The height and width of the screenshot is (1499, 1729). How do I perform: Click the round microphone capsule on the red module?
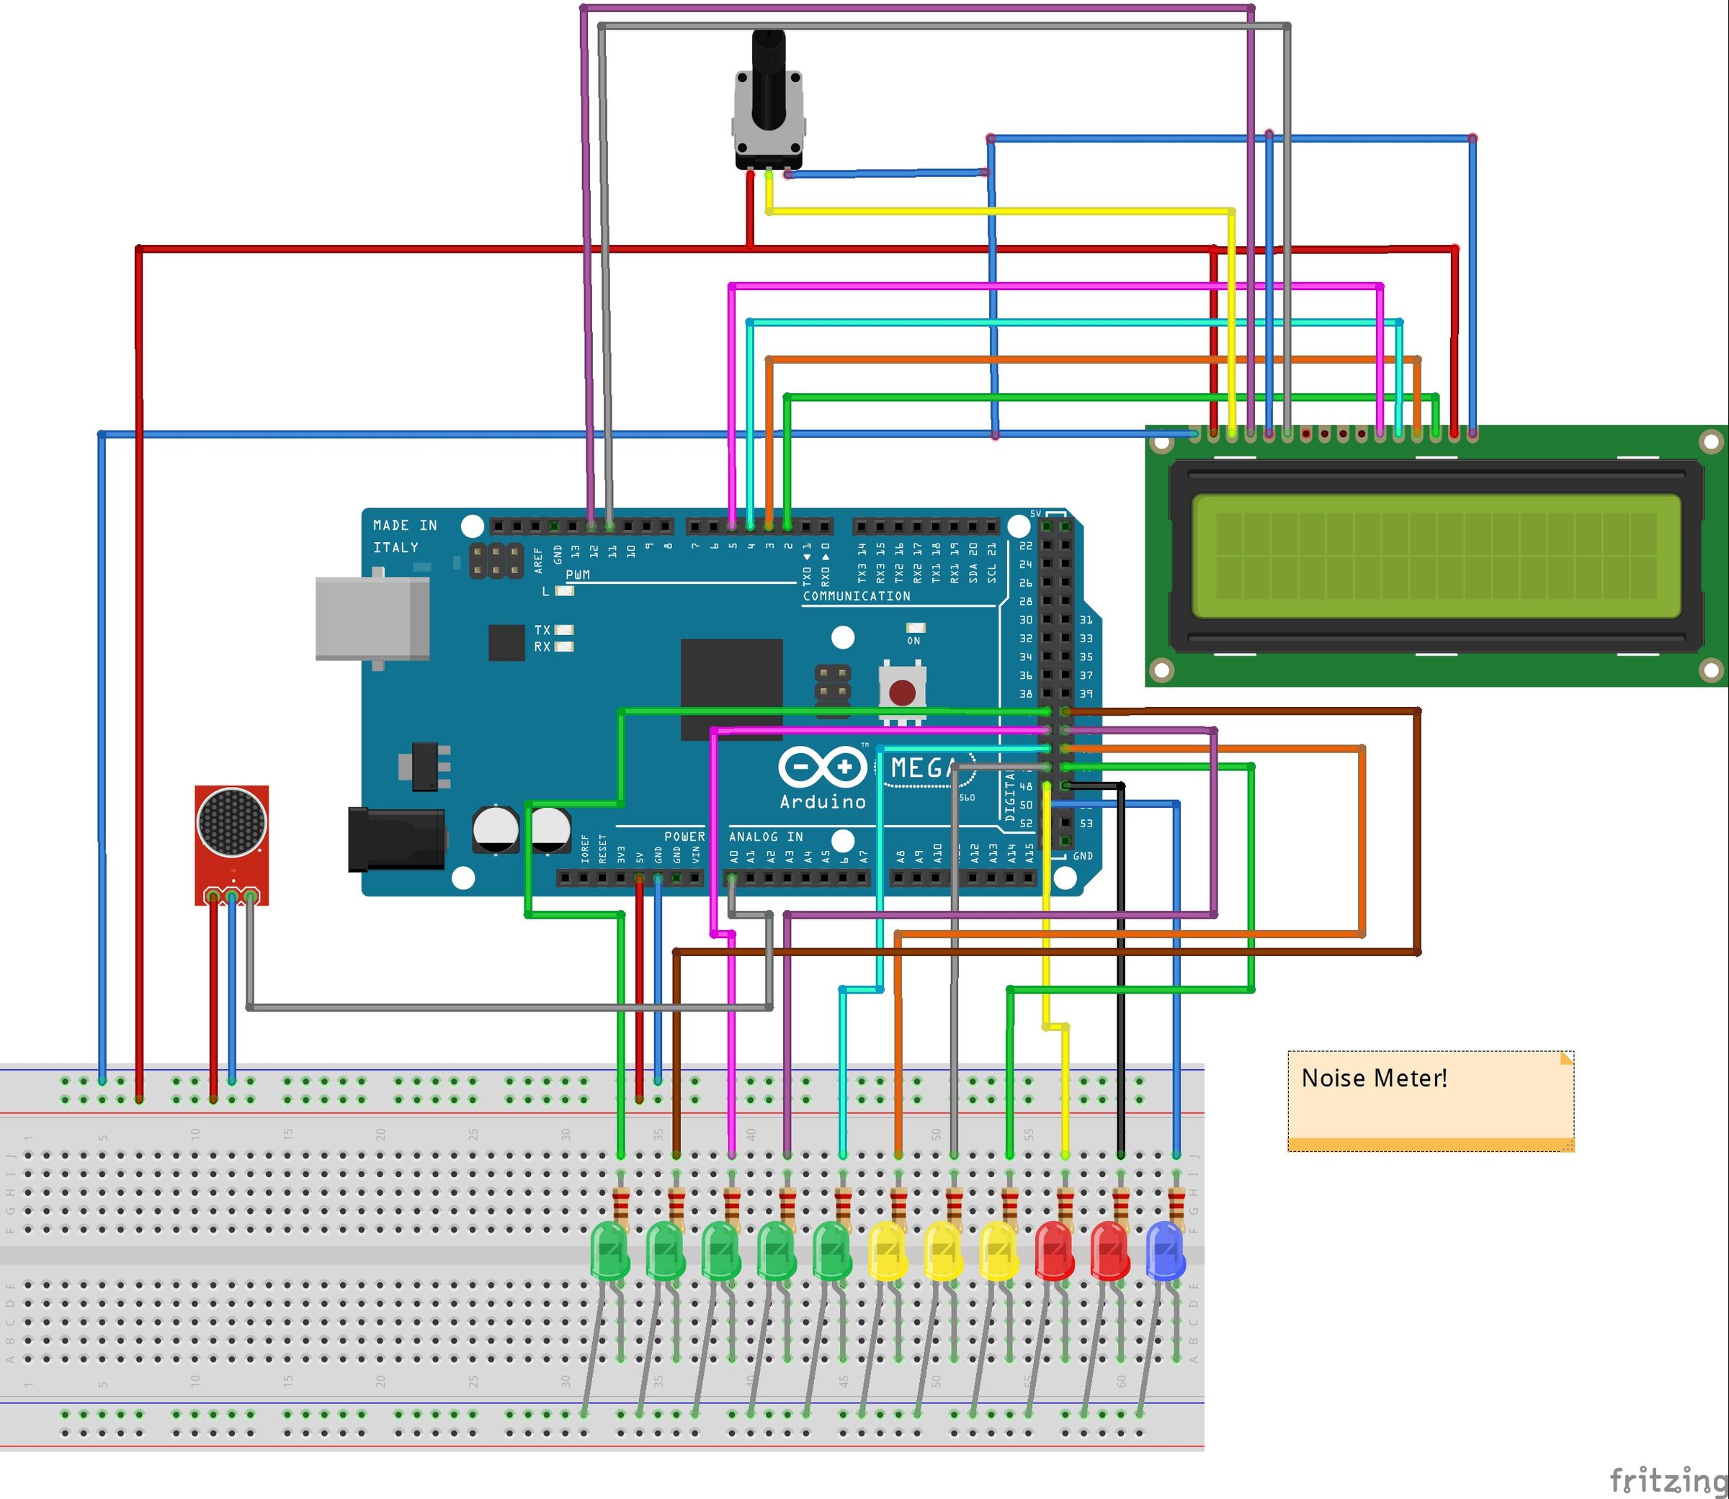(x=232, y=822)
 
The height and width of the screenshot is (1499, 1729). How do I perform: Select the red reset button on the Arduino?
(x=901, y=693)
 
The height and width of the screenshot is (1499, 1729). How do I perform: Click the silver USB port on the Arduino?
(x=372, y=619)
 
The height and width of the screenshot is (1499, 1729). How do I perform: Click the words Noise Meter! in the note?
(x=1373, y=1079)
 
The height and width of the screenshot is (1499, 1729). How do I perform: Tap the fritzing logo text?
(x=1667, y=1479)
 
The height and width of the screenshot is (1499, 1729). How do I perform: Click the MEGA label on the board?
(x=923, y=767)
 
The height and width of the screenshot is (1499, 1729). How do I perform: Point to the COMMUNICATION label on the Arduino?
(x=855, y=595)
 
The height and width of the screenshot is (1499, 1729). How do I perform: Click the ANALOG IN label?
(x=765, y=837)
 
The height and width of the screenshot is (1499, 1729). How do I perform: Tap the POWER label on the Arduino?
(x=684, y=837)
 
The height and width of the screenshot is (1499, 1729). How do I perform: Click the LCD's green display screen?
(x=1435, y=557)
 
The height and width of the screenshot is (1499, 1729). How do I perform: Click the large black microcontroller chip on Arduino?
(x=731, y=688)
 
